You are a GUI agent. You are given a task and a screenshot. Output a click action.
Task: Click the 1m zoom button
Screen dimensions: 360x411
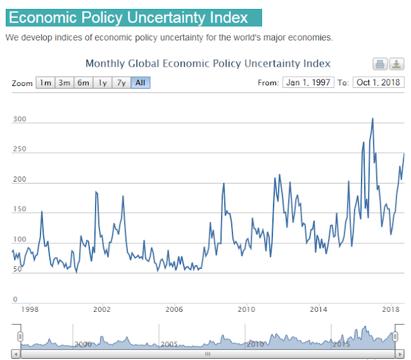(45, 83)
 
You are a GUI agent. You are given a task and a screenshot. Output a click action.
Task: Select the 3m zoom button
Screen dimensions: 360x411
(64, 83)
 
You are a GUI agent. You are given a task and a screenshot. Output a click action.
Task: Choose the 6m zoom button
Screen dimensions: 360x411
(83, 83)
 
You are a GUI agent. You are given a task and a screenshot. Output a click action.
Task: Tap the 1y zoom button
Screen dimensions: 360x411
(102, 83)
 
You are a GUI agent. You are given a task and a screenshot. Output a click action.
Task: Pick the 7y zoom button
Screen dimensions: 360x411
(121, 83)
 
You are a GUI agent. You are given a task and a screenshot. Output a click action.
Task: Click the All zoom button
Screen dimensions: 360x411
(140, 83)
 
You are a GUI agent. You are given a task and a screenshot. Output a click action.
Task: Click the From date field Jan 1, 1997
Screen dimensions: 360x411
(307, 82)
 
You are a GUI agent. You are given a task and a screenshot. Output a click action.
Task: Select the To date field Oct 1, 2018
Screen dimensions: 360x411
(378, 82)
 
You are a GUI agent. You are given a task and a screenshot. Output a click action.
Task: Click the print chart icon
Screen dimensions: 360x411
(380, 64)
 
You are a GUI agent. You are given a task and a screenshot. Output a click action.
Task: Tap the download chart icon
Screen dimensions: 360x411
(397, 64)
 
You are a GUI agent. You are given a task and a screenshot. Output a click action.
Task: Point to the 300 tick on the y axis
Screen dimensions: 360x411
(19, 120)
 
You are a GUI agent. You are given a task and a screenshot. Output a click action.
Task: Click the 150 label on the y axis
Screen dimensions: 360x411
(19, 209)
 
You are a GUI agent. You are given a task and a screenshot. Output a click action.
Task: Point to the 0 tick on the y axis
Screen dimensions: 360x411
(15, 299)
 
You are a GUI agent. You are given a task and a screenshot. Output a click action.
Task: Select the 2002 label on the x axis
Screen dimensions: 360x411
(101, 310)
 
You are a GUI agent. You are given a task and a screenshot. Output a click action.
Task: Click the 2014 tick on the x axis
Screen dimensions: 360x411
(319, 310)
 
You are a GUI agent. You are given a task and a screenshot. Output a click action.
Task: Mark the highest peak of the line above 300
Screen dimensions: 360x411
(372, 118)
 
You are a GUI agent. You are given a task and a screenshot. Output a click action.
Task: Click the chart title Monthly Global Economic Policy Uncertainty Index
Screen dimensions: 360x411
(208, 64)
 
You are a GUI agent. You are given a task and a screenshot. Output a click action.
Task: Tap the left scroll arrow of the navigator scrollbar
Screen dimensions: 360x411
(16, 354)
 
